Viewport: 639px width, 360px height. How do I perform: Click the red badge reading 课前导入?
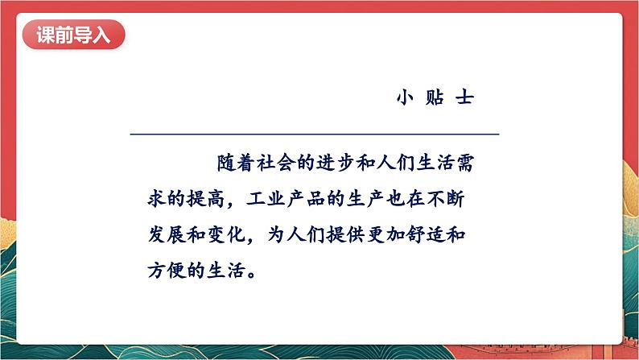73,36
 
